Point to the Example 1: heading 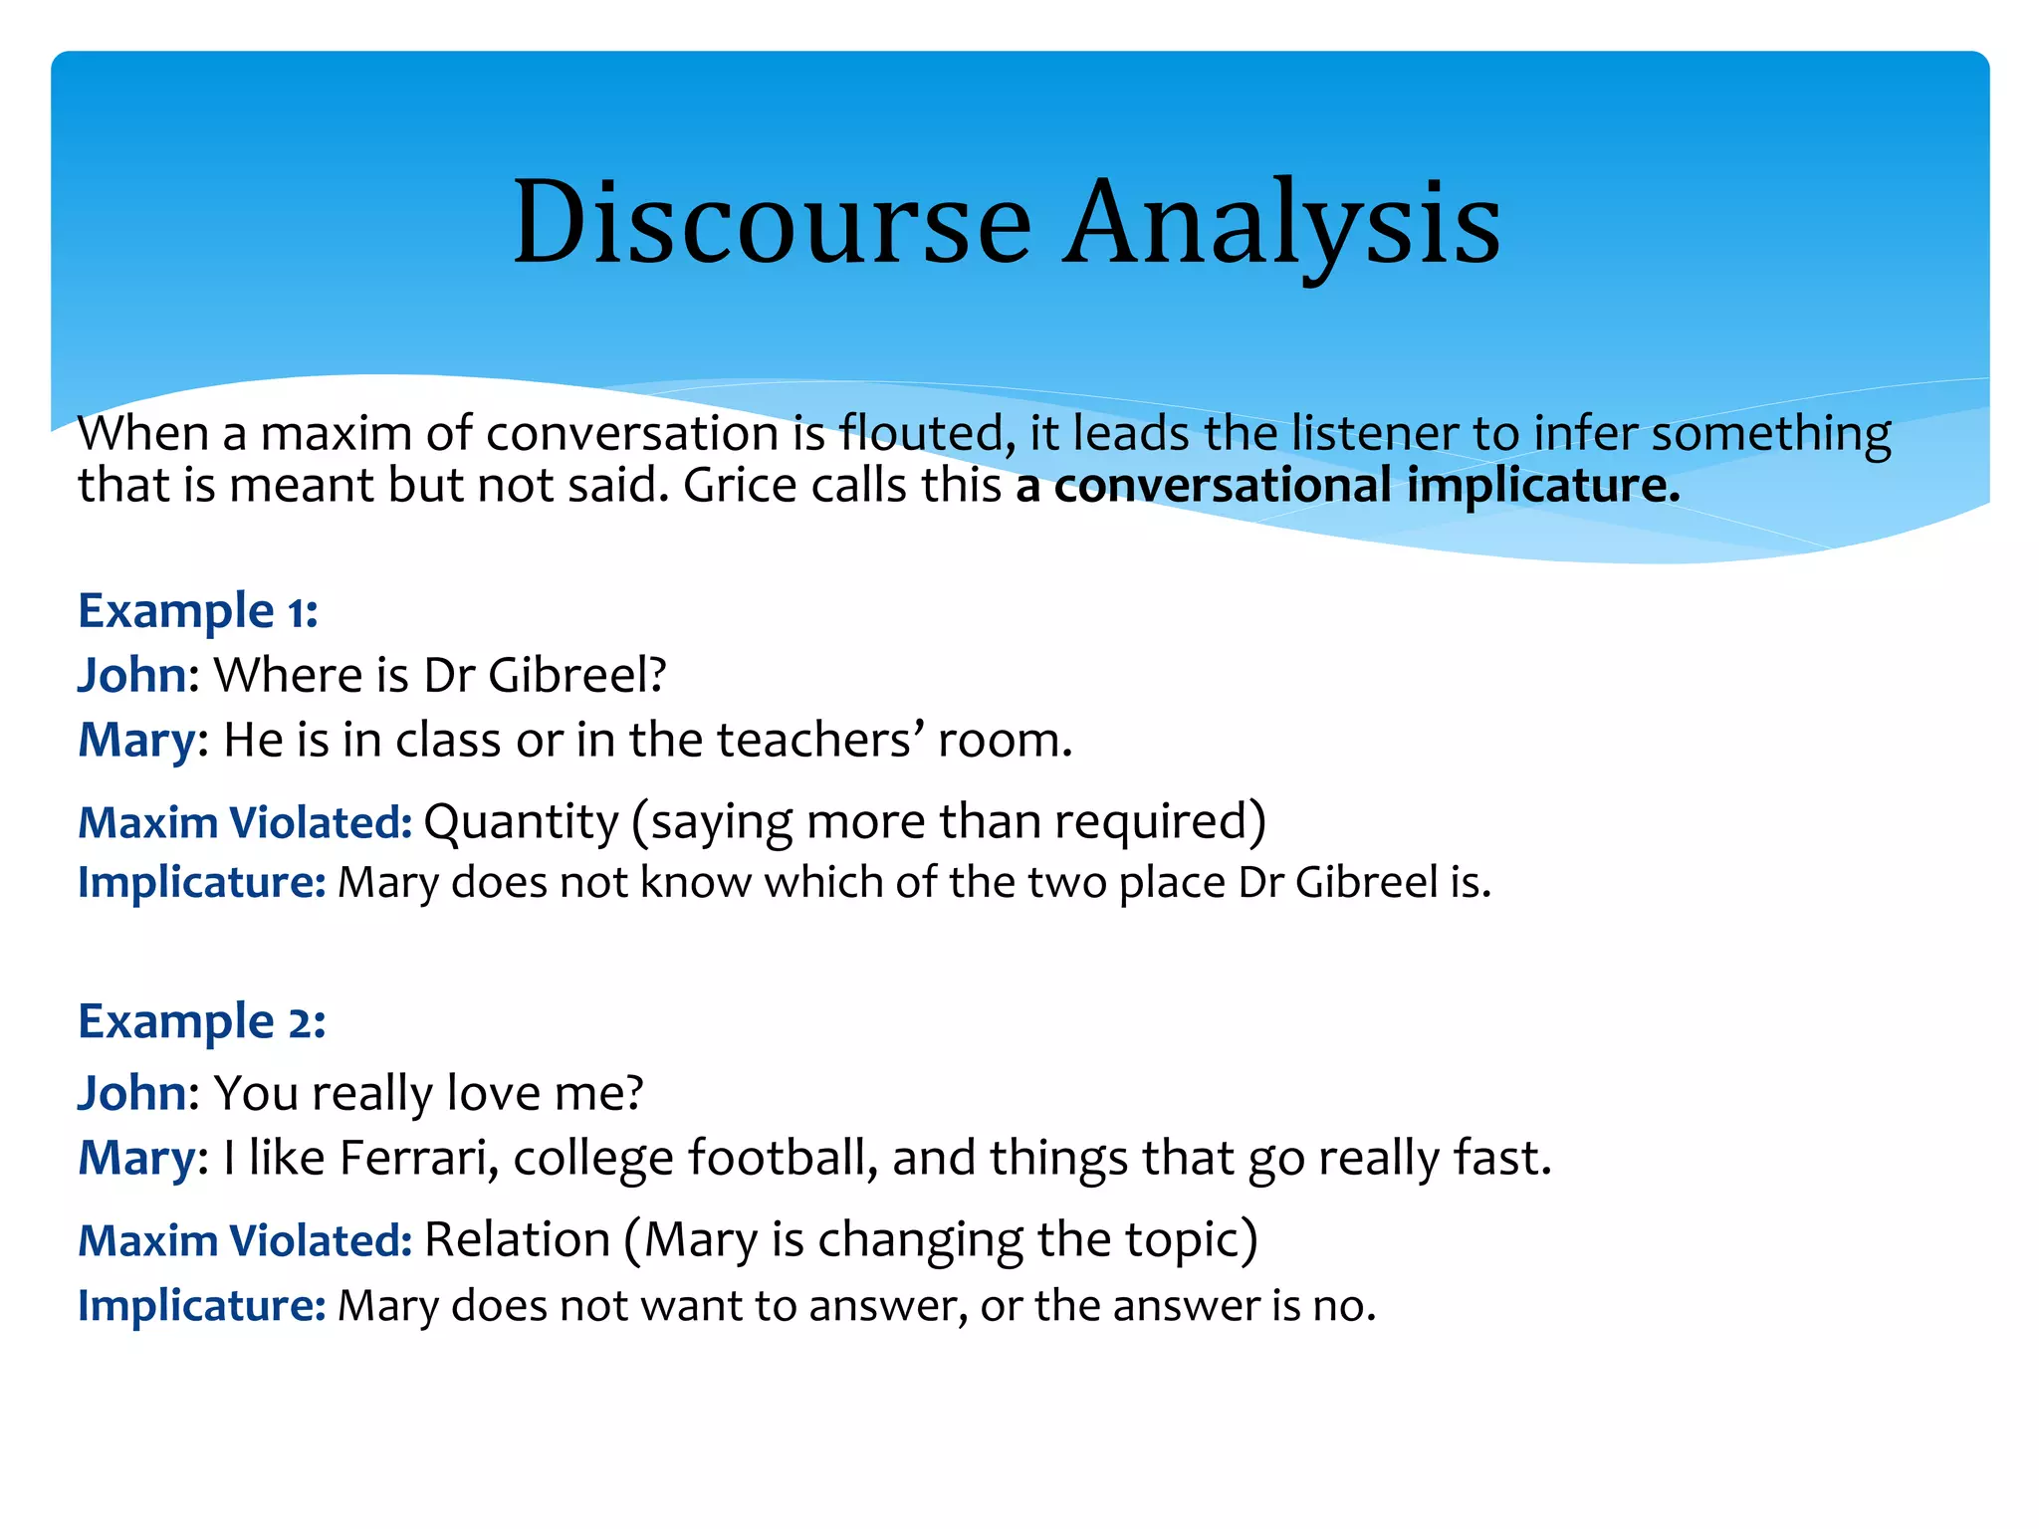tap(198, 610)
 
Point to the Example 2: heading tap(202, 1021)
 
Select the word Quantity tap(521, 822)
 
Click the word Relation tap(517, 1240)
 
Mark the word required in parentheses tap(1157, 822)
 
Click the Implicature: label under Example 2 tap(202, 1306)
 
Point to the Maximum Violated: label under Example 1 tap(245, 823)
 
